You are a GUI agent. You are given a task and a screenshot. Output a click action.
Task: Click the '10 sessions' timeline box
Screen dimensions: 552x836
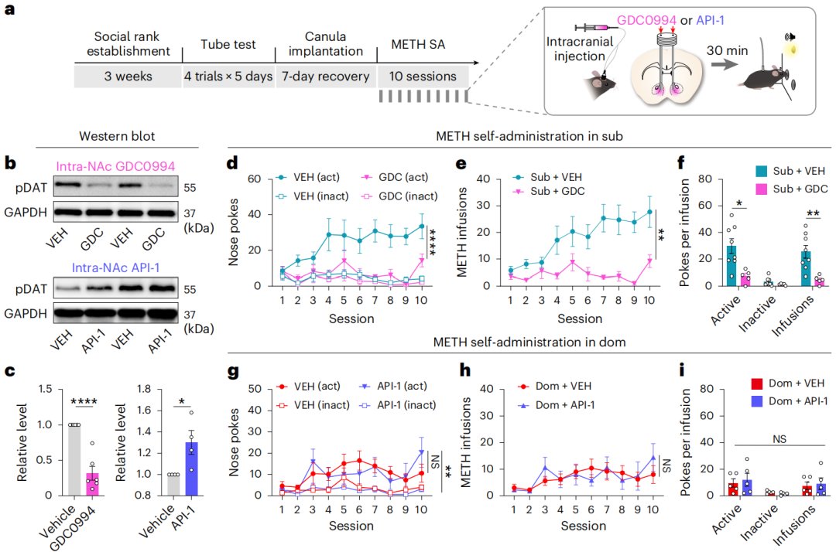[423, 77]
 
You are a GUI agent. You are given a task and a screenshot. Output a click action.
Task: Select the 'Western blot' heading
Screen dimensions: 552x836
[117, 136]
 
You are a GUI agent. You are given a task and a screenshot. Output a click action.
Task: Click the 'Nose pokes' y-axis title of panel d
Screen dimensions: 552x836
[235, 232]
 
